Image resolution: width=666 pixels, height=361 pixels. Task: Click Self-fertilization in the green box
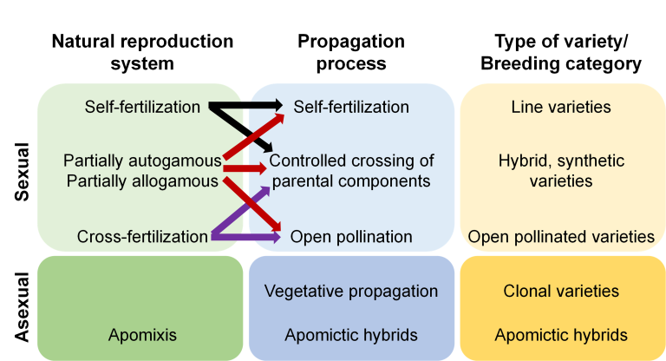(x=142, y=107)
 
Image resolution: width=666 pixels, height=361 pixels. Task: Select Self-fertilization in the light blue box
(x=351, y=107)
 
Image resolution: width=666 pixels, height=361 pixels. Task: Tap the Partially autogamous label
(x=141, y=161)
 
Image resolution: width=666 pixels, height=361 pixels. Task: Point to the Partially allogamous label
(x=140, y=181)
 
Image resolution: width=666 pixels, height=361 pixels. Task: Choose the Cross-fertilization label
(x=142, y=236)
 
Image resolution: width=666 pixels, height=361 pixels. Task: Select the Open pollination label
(x=351, y=236)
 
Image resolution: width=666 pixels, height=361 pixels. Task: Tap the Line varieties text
(x=561, y=107)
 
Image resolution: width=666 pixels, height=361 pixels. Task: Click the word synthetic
(x=587, y=161)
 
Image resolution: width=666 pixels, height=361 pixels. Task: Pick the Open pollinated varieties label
(x=561, y=236)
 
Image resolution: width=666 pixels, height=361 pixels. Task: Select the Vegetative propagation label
(x=350, y=291)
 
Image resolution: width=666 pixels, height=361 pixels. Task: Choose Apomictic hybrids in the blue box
(x=350, y=335)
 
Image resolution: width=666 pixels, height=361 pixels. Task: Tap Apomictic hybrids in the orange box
(x=561, y=335)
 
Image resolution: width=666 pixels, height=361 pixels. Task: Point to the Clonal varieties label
(x=561, y=291)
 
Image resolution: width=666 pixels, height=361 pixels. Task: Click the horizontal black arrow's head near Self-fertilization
(x=275, y=106)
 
